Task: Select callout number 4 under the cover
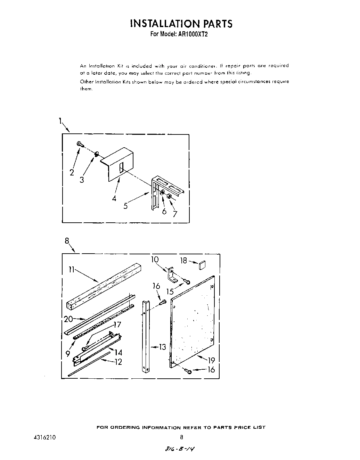pyautogui.click(x=114, y=199)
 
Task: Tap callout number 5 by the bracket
pyautogui.click(x=125, y=206)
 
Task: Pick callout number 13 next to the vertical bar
pyautogui.click(x=162, y=347)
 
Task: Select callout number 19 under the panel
pyautogui.click(x=211, y=360)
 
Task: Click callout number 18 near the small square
pyautogui.click(x=183, y=261)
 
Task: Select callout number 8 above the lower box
pyautogui.click(x=67, y=240)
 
